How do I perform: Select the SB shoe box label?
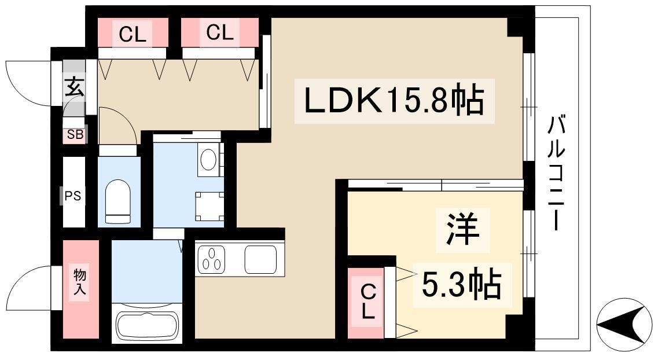tap(75, 135)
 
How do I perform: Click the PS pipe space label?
tap(73, 196)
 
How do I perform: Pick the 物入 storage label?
tap(80, 281)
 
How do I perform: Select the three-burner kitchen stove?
tap(212, 259)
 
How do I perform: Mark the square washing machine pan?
tap(209, 206)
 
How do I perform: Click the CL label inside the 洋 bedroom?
tap(367, 303)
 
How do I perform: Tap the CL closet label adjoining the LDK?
tap(219, 34)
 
